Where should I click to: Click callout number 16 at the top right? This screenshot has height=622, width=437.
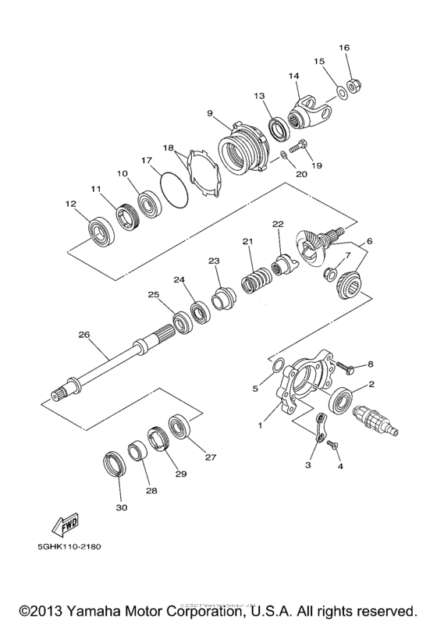click(x=344, y=48)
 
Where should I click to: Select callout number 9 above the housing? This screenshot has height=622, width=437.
click(x=209, y=113)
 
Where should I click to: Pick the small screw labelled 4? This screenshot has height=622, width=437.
click(x=333, y=445)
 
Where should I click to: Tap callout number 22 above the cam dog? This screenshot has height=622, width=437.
click(x=277, y=224)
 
